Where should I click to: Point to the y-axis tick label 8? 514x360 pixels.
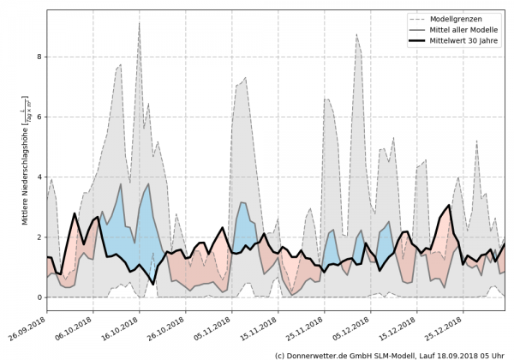tap(39, 57)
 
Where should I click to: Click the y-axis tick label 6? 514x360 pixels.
tap(39, 117)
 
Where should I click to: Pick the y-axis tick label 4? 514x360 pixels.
tap(39, 177)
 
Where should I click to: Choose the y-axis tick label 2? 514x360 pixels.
tap(39, 237)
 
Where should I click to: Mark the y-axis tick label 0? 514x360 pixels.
tap(39, 297)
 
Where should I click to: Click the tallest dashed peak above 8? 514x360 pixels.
tap(139, 23)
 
